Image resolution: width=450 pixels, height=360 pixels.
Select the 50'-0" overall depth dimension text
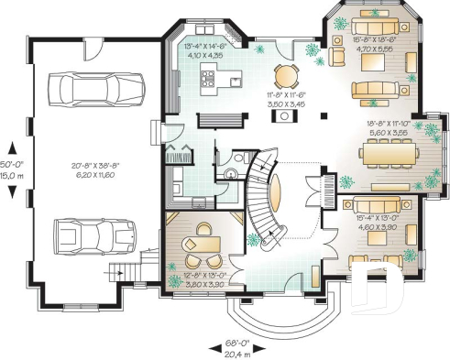click(13, 146)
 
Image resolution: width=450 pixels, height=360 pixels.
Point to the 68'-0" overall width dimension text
click(236, 344)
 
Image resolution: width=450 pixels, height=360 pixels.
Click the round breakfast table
click(286, 75)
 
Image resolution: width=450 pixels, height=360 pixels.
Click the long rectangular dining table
click(389, 154)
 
